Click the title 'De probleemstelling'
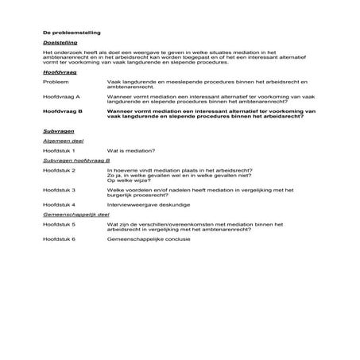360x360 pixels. (x=67, y=33)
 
